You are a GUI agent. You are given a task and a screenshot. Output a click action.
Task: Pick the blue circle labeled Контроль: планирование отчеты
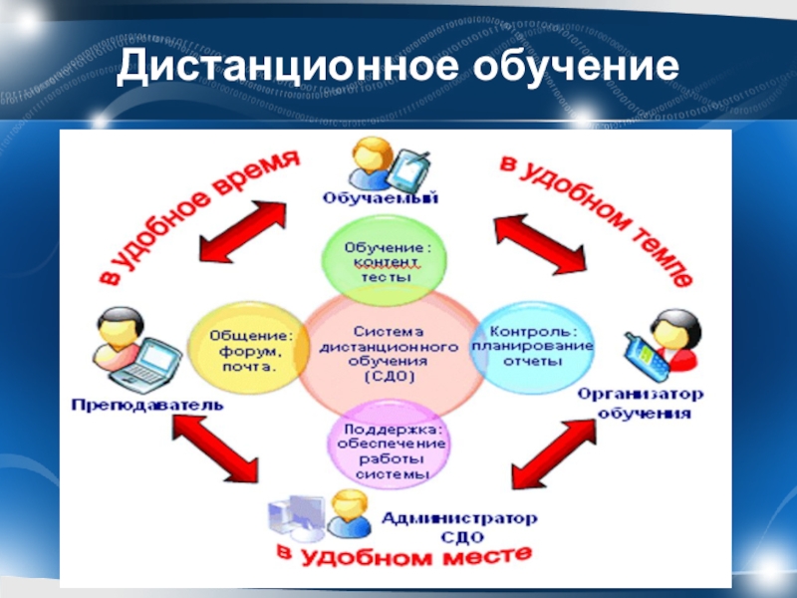point(527,344)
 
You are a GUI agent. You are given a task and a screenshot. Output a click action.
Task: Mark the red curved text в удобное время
point(193,210)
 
